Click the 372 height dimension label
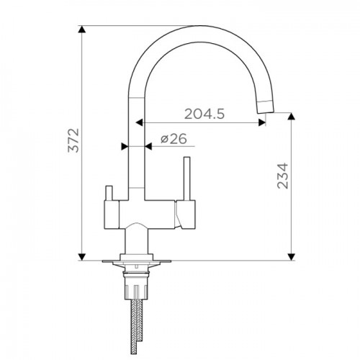tap(73, 140)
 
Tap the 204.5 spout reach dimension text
tap(204, 114)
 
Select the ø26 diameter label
tap(174, 139)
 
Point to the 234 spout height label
tap(282, 176)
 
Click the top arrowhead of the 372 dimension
tap(82, 29)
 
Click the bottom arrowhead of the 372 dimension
tap(82, 257)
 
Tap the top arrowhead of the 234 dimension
tap(292, 116)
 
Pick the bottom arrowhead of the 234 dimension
tap(292, 257)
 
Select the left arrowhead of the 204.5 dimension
tap(140, 122)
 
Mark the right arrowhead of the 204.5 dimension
tap(262, 122)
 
